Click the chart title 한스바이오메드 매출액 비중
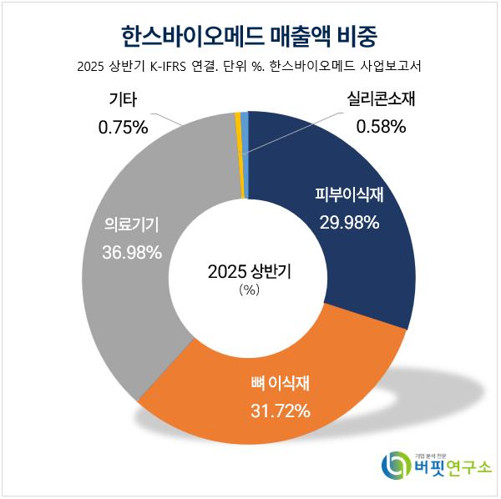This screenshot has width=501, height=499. click(250, 36)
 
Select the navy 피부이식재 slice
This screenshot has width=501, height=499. click(367, 250)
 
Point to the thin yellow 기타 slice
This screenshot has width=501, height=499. click(239, 154)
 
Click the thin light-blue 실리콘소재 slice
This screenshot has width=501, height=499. click(245, 154)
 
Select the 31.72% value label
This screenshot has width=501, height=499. click(281, 411)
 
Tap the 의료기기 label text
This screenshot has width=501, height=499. click(131, 224)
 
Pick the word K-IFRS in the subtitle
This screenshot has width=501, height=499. click(170, 68)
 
